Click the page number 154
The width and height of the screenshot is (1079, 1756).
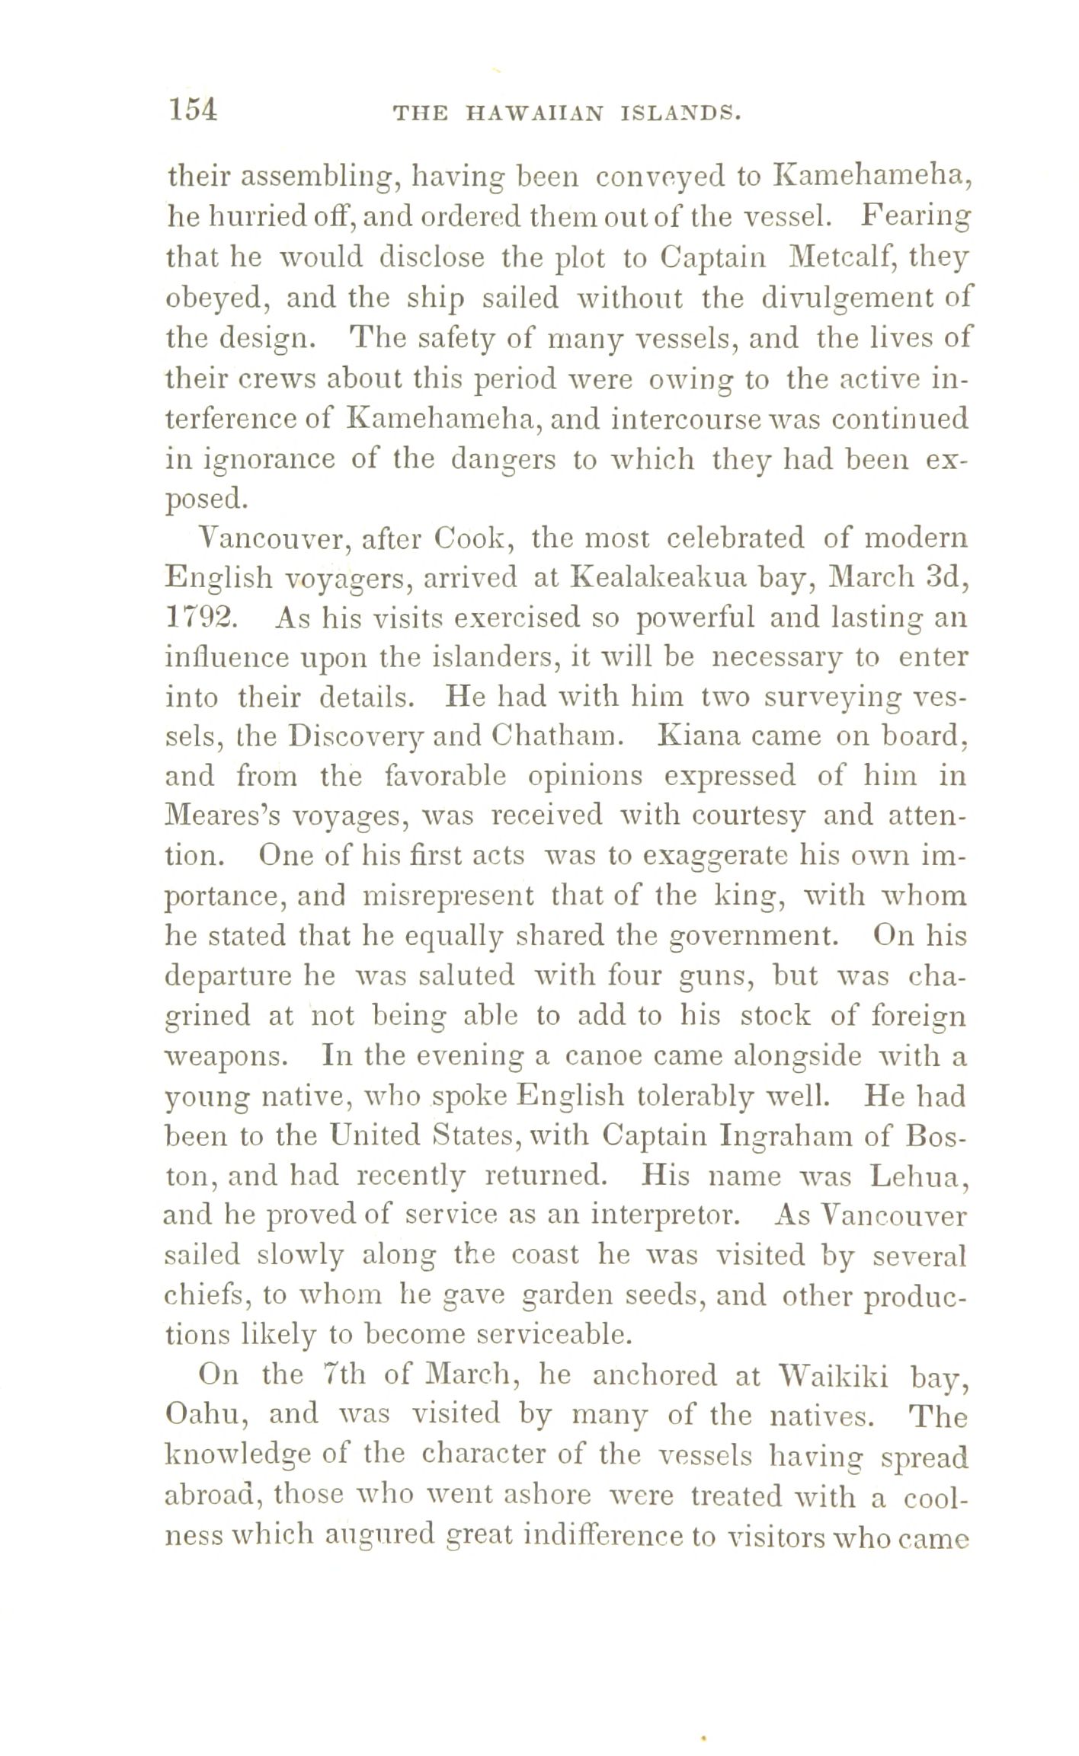coord(193,111)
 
